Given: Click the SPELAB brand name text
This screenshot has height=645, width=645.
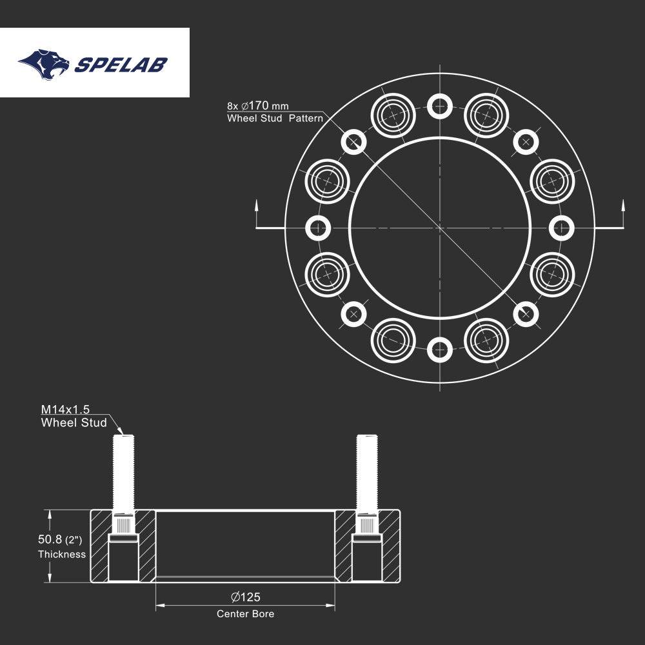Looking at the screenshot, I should (x=121, y=64).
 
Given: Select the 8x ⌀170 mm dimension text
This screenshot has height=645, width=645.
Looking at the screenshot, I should (x=257, y=104).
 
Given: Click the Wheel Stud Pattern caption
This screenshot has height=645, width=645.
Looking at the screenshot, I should (x=275, y=119).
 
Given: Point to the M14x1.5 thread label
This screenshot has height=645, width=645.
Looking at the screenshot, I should (x=66, y=410).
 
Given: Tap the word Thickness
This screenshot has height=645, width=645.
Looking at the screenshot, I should (x=62, y=554).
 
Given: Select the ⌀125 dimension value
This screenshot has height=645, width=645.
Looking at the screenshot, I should (x=245, y=597).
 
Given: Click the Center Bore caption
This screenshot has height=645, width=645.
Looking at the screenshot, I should (x=245, y=614).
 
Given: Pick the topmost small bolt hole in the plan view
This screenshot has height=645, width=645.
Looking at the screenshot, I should (x=440, y=105).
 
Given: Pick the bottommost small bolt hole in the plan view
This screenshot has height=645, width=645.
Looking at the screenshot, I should (x=440, y=350).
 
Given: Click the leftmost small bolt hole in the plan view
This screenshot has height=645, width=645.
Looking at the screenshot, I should (x=317, y=227).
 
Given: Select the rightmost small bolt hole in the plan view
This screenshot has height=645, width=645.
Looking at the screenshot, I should (x=562, y=227).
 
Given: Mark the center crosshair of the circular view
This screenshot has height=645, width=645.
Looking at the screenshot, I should (x=440, y=227).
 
